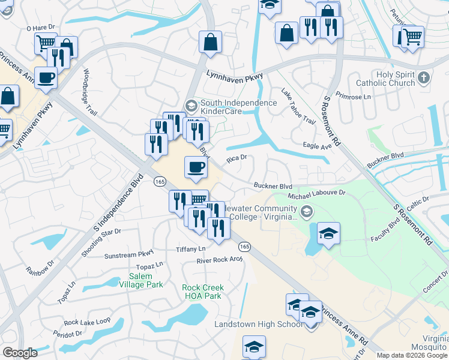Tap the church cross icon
[424, 77]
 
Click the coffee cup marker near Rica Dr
[196, 167]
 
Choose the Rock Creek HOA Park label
[202, 292]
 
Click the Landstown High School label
[259, 324]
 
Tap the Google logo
[20, 353]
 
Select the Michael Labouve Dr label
[317, 193]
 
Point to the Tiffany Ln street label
[190, 249]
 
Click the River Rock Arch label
[220, 260]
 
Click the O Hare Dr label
[41, 28]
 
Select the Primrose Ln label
[354, 96]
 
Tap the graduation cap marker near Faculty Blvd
[328, 234]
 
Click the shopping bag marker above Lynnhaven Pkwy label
[211, 43]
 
